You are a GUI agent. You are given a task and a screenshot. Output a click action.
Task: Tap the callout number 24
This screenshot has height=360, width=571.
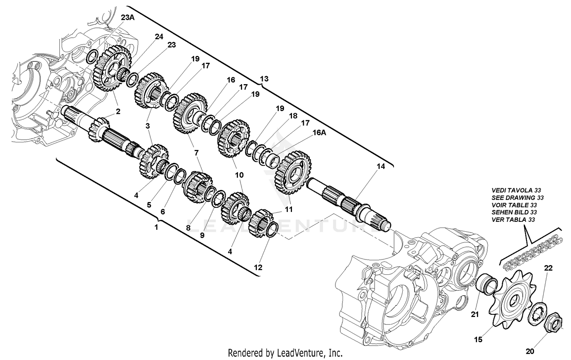159,37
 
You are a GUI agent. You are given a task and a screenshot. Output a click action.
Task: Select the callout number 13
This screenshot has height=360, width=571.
264,79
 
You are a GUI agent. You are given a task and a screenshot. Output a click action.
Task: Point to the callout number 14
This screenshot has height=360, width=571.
381,166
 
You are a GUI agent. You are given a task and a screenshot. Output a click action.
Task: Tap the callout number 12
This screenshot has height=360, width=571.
258,267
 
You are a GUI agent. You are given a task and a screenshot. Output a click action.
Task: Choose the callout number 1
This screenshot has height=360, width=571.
156,227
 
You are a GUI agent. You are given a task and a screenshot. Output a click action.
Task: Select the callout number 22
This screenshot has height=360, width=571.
548,268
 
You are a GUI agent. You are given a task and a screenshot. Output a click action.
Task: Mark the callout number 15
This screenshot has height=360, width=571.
478,339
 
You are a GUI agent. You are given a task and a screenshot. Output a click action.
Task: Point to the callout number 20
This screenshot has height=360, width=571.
530,351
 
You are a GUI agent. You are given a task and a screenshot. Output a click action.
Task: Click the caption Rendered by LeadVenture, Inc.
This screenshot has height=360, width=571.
285,353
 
